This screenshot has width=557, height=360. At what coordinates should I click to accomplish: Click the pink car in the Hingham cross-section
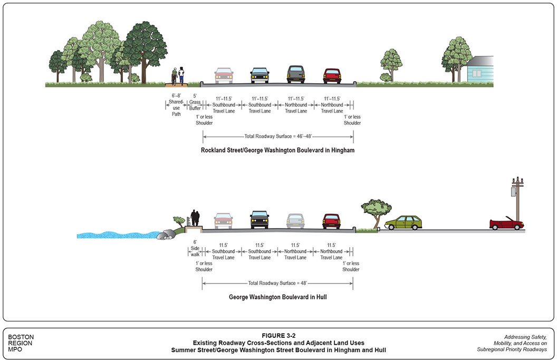[x=224, y=75]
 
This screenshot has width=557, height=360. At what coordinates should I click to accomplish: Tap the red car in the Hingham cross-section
[x=332, y=76]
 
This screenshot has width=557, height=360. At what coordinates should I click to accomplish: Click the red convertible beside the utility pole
[x=506, y=224]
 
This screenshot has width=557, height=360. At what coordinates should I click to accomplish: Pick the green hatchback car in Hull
[x=403, y=223]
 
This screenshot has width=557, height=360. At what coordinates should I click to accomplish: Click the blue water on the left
[x=116, y=234]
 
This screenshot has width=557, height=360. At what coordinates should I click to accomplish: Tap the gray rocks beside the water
[x=170, y=233]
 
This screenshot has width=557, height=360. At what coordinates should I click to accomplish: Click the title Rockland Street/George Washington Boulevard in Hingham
[x=277, y=150]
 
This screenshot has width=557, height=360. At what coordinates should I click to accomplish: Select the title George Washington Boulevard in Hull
[x=277, y=297]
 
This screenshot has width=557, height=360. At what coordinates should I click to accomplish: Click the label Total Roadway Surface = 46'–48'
[x=278, y=136]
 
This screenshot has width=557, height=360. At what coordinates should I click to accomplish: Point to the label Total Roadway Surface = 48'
[x=277, y=283]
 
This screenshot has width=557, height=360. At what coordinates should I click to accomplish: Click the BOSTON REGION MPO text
[x=22, y=343]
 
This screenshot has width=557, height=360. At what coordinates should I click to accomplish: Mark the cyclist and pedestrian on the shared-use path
[x=178, y=77]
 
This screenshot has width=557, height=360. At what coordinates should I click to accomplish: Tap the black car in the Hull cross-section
[x=260, y=219]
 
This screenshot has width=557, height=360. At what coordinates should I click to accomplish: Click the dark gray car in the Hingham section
[x=296, y=74]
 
